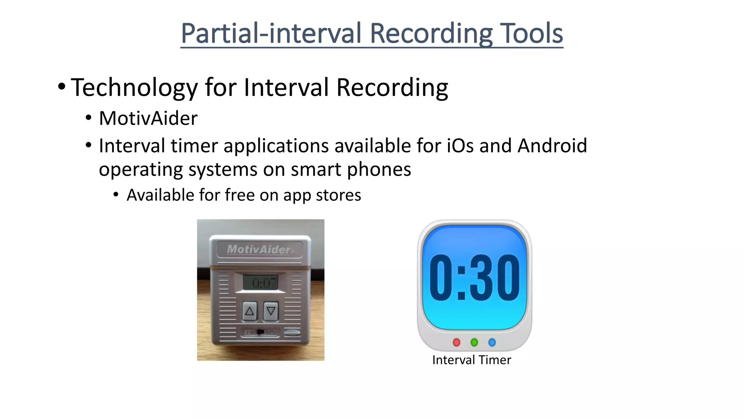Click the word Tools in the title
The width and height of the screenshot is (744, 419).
tap(531, 33)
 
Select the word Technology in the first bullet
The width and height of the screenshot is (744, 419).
tap(134, 88)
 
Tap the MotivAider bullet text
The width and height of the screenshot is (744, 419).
tap(148, 119)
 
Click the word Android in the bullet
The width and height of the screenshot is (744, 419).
tap(552, 146)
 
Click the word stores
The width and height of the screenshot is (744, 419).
tap(338, 195)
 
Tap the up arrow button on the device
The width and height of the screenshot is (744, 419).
tap(250, 311)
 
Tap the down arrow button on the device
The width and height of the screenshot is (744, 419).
tap(271, 311)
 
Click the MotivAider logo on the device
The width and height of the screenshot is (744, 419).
tap(259, 250)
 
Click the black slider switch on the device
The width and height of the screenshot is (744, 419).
tap(260, 332)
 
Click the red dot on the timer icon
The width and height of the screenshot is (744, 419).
tap(457, 342)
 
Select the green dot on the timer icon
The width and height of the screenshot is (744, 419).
tap(474, 342)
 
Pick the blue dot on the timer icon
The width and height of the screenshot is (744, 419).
tap(492, 342)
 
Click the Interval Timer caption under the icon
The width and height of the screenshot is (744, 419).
tap(472, 360)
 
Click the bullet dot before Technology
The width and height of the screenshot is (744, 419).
tap(62, 87)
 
